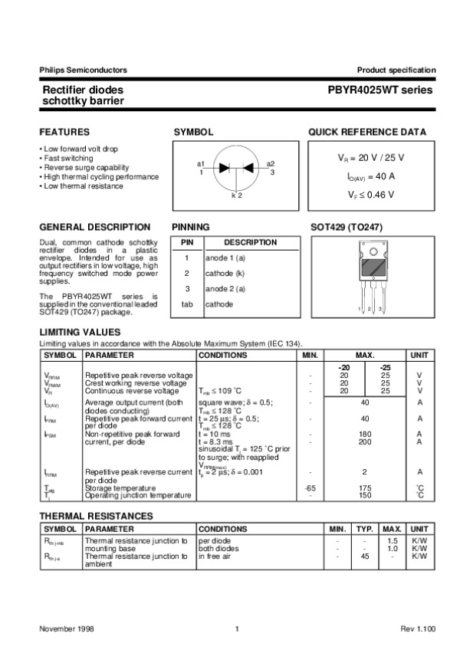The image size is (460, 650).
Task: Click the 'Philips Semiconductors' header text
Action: [x=83, y=71]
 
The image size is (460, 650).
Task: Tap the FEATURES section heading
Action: [x=64, y=132]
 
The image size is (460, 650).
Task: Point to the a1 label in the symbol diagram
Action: [x=201, y=164]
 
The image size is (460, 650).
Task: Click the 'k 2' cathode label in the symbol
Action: [x=237, y=196]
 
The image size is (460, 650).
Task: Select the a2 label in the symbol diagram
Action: [x=271, y=164]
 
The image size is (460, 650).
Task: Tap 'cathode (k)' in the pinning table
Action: [x=225, y=273]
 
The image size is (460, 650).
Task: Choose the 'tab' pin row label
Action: [x=186, y=304]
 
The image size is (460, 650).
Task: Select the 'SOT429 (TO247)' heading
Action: [x=346, y=228]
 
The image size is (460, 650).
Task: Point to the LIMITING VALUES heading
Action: [x=80, y=332]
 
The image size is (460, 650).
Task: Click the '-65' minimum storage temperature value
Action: [x=310, y=487]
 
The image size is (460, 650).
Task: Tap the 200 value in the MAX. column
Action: [x=365, y=442]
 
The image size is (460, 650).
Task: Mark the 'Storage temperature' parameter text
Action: [x=121, y=487]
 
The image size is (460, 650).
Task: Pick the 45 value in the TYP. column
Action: [x=366, y=557]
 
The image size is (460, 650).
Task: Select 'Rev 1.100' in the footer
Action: [x=418, y=629]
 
